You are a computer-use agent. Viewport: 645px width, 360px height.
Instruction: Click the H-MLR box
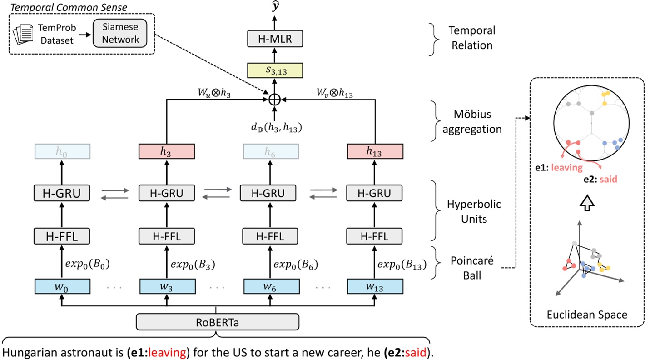click(x=273, y=40)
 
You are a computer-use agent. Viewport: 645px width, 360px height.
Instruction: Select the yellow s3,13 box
click(x=273, y=70)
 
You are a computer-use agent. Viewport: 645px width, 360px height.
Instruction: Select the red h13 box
click(x=375, y=151)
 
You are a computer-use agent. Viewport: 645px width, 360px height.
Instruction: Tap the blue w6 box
click(x=271, y=286)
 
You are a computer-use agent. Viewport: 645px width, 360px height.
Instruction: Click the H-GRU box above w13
click(x=375, y=193)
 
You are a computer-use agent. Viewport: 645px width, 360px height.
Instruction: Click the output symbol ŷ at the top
click(x=274, y=7)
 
